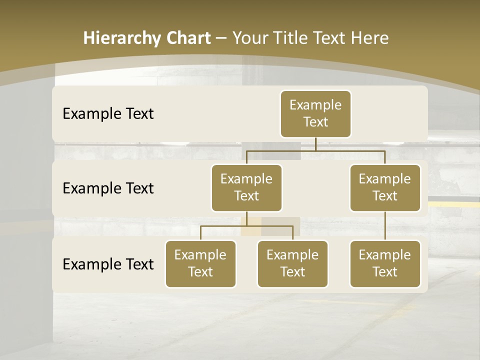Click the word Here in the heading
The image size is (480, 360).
click(x=370, y=38)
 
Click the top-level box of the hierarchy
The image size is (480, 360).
click(x=315, y=113)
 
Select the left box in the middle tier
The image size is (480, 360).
click(x=246, y=187)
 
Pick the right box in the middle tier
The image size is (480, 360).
click(x=385, y=187)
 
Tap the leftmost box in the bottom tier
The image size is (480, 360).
click(x=200, y=263)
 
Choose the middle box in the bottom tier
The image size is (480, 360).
click(x=292, y=263)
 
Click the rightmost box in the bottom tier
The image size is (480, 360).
click(x=385, y=263)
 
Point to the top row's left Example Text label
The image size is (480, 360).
click(x=108, y=113)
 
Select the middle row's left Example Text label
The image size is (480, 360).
click(x=108, y=188)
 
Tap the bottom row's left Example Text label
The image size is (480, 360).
click(x=108, y=264)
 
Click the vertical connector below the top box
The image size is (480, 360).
click(x=315, y=144)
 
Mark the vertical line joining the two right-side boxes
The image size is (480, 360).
click(x=385, y=226)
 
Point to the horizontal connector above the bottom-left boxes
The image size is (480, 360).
click(x=246, y=226)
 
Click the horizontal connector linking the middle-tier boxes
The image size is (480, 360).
click(x=315, y=150)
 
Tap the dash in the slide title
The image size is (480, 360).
click(x=221, y=38)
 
